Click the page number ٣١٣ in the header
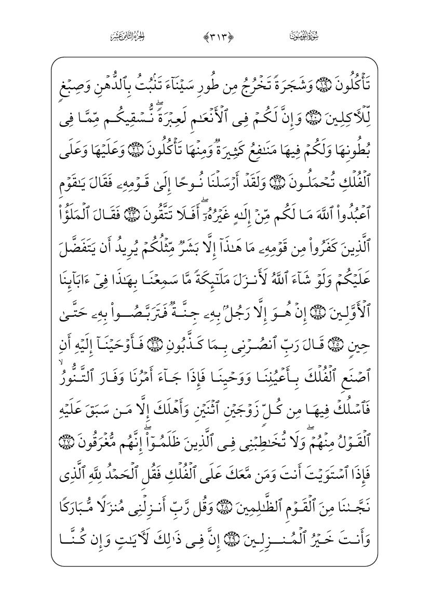pyautogui.click(x=214, y=37)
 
